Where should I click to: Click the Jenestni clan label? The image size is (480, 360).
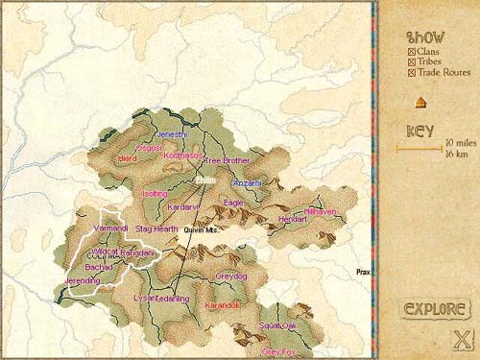(x=171, y=134)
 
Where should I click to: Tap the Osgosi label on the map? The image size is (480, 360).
(x=151, y=149)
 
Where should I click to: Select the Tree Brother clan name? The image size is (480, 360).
(x=227, y=160)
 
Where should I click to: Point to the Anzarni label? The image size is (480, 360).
(x=247, y=182)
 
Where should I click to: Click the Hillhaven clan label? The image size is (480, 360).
(x=320, y=210)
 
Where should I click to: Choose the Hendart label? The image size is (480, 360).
(x=292, y=219)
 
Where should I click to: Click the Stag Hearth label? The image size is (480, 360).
(x=156, y=229)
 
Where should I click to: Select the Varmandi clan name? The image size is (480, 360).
(x=112, y=228)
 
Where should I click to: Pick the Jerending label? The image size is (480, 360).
(x=83, y=280)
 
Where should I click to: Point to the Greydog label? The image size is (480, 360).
(x=230, y=276)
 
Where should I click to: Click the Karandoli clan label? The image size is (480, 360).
(x=223, y=304)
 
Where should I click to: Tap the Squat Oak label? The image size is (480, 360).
(x=277, y=326)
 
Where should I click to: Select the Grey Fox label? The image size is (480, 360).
(x=278, y=351)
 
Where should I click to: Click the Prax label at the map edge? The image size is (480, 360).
(x=362, y=272)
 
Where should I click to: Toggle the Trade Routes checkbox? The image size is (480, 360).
(x=412, y=72)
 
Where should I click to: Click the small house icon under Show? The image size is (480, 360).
(x=420, y=103)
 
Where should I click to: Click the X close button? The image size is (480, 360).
(x=461, y=339)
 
